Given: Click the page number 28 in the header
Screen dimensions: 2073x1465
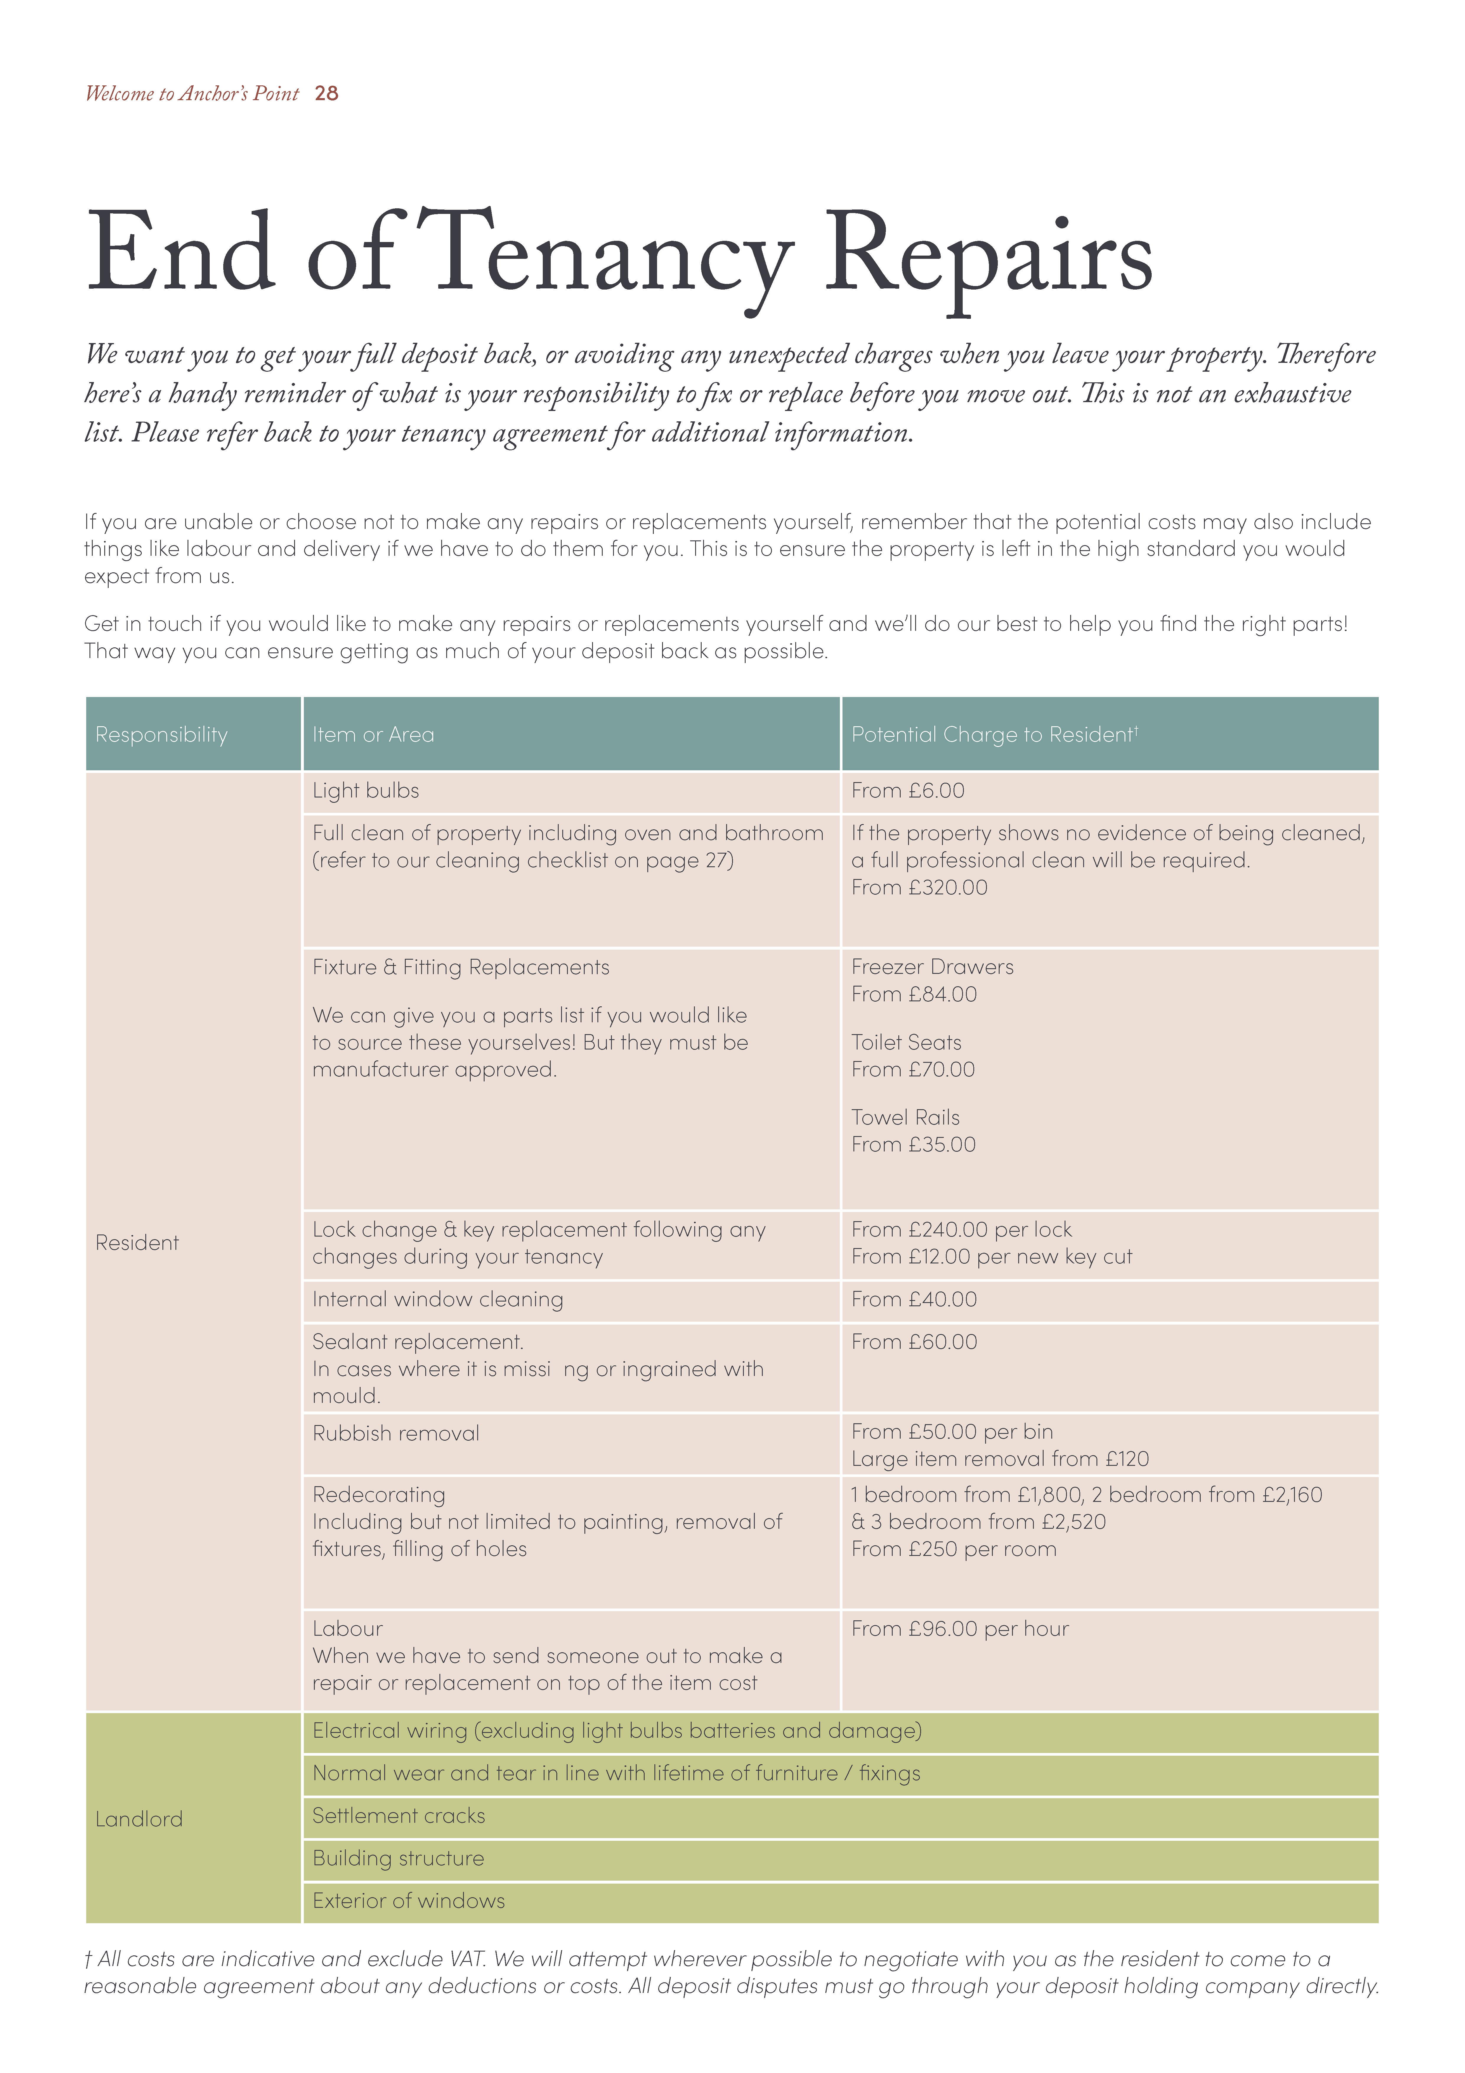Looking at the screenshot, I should coord(326,93).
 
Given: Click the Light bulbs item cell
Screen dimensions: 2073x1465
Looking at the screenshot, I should coord(366,791).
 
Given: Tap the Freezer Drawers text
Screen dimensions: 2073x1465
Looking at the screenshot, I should coord(931,967).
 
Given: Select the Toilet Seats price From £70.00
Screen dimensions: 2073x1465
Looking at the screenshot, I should coord(912,1070).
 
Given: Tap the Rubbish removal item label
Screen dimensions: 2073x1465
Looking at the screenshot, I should coord(395,1434).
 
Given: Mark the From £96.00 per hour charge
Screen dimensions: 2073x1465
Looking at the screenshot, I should coord(959,1629).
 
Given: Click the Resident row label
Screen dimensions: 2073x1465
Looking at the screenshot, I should coord(137,1243).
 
